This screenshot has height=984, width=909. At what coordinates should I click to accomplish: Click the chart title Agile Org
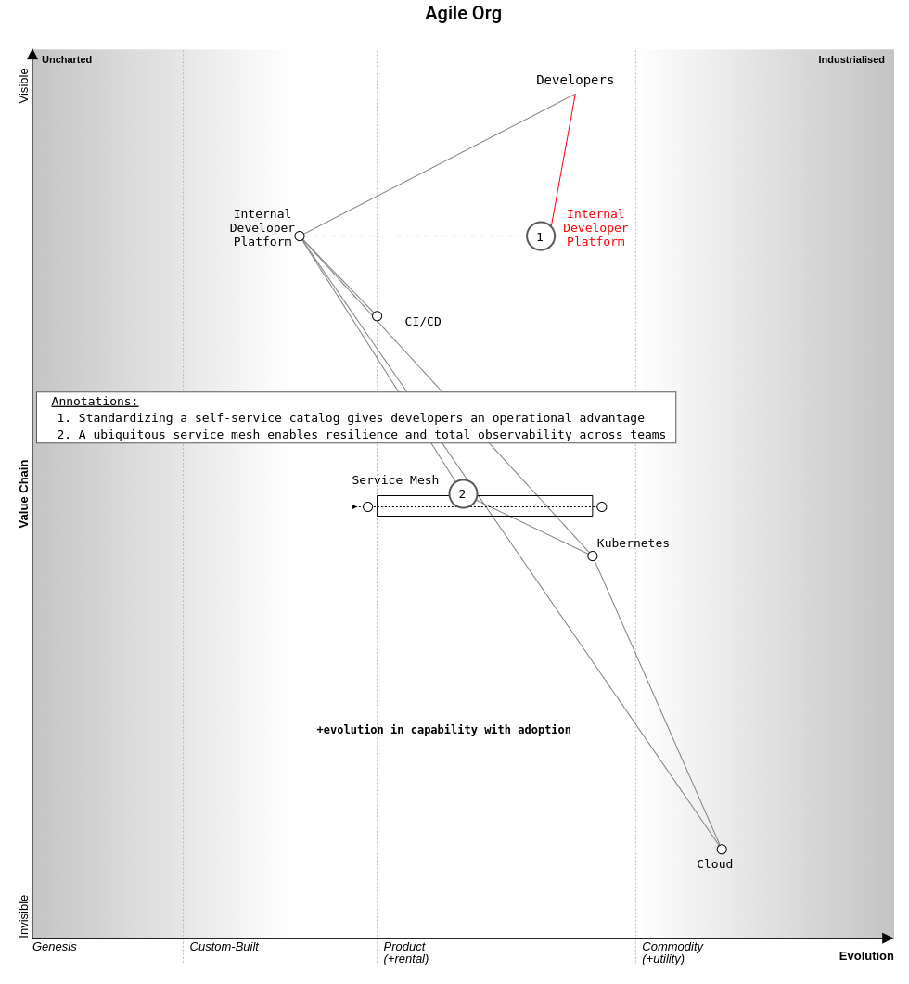[463, 13]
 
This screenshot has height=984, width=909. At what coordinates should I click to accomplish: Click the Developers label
[575, 80]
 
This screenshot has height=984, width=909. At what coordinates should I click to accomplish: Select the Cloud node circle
[722, 850]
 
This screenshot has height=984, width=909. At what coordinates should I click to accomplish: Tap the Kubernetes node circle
[593, 556]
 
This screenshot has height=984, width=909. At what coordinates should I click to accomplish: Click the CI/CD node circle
[378, 316]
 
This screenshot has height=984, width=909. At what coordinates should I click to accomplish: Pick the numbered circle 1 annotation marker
[541, 236]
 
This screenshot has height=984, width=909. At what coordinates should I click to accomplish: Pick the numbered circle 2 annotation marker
[463, 494]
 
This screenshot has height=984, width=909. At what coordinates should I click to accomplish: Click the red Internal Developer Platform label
[595, 228]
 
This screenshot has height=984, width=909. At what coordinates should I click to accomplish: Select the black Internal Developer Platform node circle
[301, 236]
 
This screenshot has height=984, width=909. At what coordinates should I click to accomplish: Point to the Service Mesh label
[395, 480]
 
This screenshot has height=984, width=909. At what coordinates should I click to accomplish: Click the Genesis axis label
[55, 946]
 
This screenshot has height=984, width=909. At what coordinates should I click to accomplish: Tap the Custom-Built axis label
[224, 946]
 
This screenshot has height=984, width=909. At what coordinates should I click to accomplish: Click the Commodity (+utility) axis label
[672, 952]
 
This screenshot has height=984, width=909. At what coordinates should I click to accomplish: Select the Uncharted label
[67, 59]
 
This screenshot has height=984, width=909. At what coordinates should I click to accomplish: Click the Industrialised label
[851, 59]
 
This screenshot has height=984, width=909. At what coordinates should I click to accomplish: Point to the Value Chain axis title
[24, 494]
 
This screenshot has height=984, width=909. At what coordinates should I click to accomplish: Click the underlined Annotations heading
[95, 402]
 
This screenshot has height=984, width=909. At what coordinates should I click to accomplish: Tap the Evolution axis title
[866, 956]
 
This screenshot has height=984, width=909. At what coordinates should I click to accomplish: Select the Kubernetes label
[633, 543]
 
